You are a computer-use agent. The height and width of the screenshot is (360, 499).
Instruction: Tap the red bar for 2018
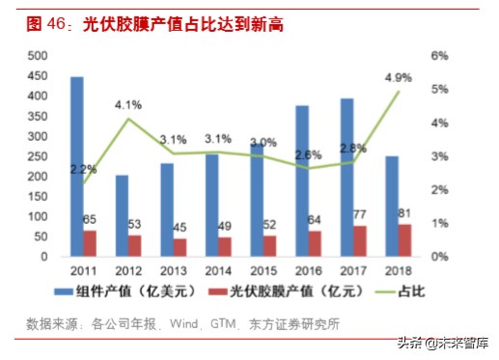click(403, 240)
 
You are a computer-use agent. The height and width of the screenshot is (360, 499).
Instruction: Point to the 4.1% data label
click(128, 104)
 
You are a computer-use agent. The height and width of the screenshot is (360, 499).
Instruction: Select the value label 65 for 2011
click(89, 220)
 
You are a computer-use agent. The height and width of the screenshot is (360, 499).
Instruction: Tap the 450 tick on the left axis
click(39, 75)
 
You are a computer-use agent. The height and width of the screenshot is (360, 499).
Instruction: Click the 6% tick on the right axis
click(438, 56)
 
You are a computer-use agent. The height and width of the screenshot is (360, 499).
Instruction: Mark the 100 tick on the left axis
click(39, 216)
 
